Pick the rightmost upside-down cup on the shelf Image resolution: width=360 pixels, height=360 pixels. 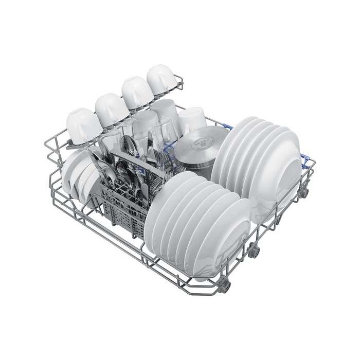163,80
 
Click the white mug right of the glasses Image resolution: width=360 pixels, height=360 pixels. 192,121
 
